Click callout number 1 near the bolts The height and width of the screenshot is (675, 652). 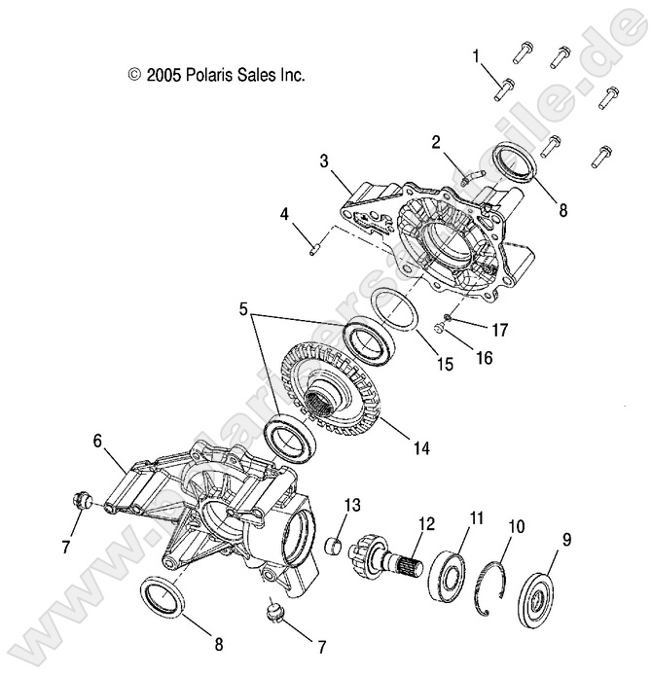click(x=477, y=55)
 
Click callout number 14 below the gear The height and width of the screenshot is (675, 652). click(x=420, y=448)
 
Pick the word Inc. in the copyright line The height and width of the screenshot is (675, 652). click(x=291, y=74)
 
